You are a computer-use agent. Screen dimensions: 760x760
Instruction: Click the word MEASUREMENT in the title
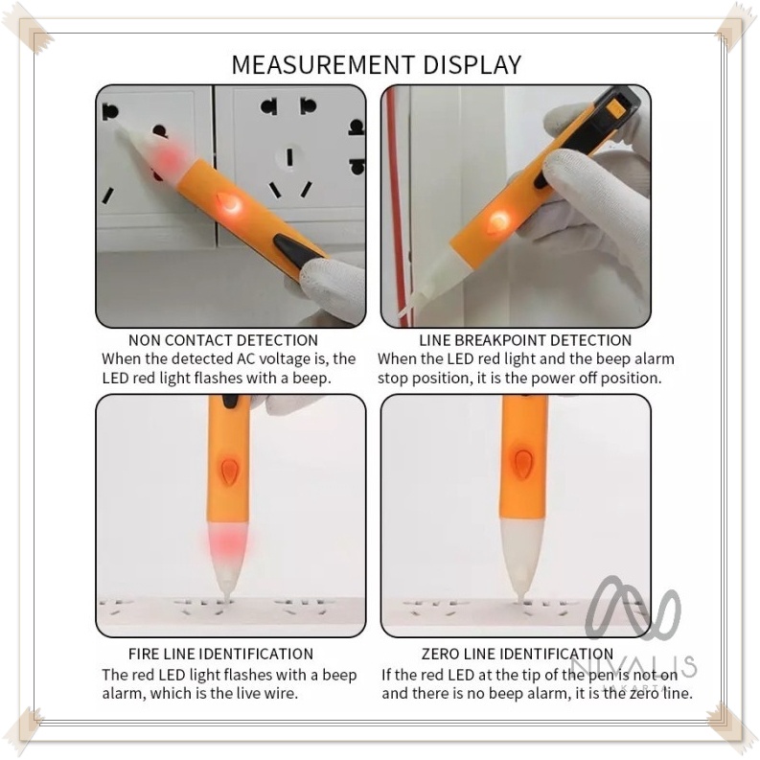tap(323, 65)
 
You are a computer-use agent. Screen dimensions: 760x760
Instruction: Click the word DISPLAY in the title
tap(472, 65)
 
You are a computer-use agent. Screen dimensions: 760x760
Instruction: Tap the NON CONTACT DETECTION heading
tap(223, 340)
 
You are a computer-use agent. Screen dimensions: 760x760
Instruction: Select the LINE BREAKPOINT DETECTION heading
tap(525, 340)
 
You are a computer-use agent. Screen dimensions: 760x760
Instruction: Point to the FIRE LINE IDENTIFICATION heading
tap(220, 654)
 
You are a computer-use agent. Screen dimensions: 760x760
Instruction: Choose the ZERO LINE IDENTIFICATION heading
tap(518, 654)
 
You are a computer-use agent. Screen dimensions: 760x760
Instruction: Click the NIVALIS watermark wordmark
tap(634, 665)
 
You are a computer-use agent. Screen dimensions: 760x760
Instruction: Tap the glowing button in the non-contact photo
tap(229, 204)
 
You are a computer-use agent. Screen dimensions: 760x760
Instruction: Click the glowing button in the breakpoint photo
tap(498, 222)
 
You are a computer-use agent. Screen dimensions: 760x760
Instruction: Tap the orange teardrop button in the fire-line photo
tap(229, 472)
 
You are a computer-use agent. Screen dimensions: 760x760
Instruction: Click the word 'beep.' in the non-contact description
tap(311, 378)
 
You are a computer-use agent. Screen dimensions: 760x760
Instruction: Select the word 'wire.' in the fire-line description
tap(281, 694)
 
